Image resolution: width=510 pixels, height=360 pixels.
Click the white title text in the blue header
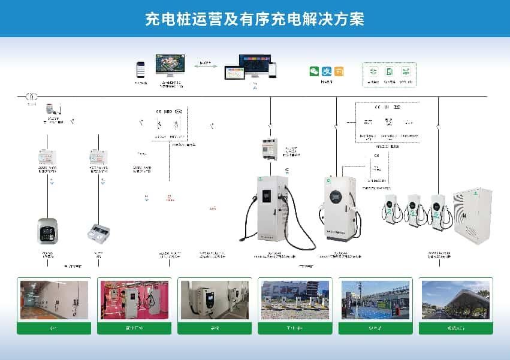255,19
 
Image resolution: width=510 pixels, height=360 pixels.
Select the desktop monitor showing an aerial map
170,65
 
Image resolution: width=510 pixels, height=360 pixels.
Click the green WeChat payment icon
314,71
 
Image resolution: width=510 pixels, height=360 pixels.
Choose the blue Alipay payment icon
327,71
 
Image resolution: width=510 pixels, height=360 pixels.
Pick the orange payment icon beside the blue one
339,71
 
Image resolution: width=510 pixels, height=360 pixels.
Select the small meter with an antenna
49,111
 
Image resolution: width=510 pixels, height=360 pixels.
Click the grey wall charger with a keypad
47,232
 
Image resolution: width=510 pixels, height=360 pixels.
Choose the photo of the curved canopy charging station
455,300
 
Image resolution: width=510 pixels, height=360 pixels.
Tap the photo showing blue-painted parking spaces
375,300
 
